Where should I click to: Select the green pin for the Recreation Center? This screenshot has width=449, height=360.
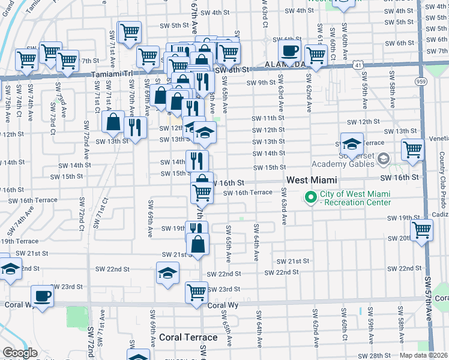[311, 197]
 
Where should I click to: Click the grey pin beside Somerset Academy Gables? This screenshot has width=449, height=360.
[384, 158]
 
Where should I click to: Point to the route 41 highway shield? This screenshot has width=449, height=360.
[358, 64]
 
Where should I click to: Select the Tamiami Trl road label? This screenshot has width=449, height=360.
[113, 74]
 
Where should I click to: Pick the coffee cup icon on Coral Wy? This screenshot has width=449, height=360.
[43, 296]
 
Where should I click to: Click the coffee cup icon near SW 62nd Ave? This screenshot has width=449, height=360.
[289, 51]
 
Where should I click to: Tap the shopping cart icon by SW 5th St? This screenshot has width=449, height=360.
[130, 32]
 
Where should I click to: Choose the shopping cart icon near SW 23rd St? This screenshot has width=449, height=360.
[196, 292]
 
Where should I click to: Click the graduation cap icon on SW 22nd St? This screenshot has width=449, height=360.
[167, 273]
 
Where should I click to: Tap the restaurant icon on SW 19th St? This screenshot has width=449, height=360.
[196, 229]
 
